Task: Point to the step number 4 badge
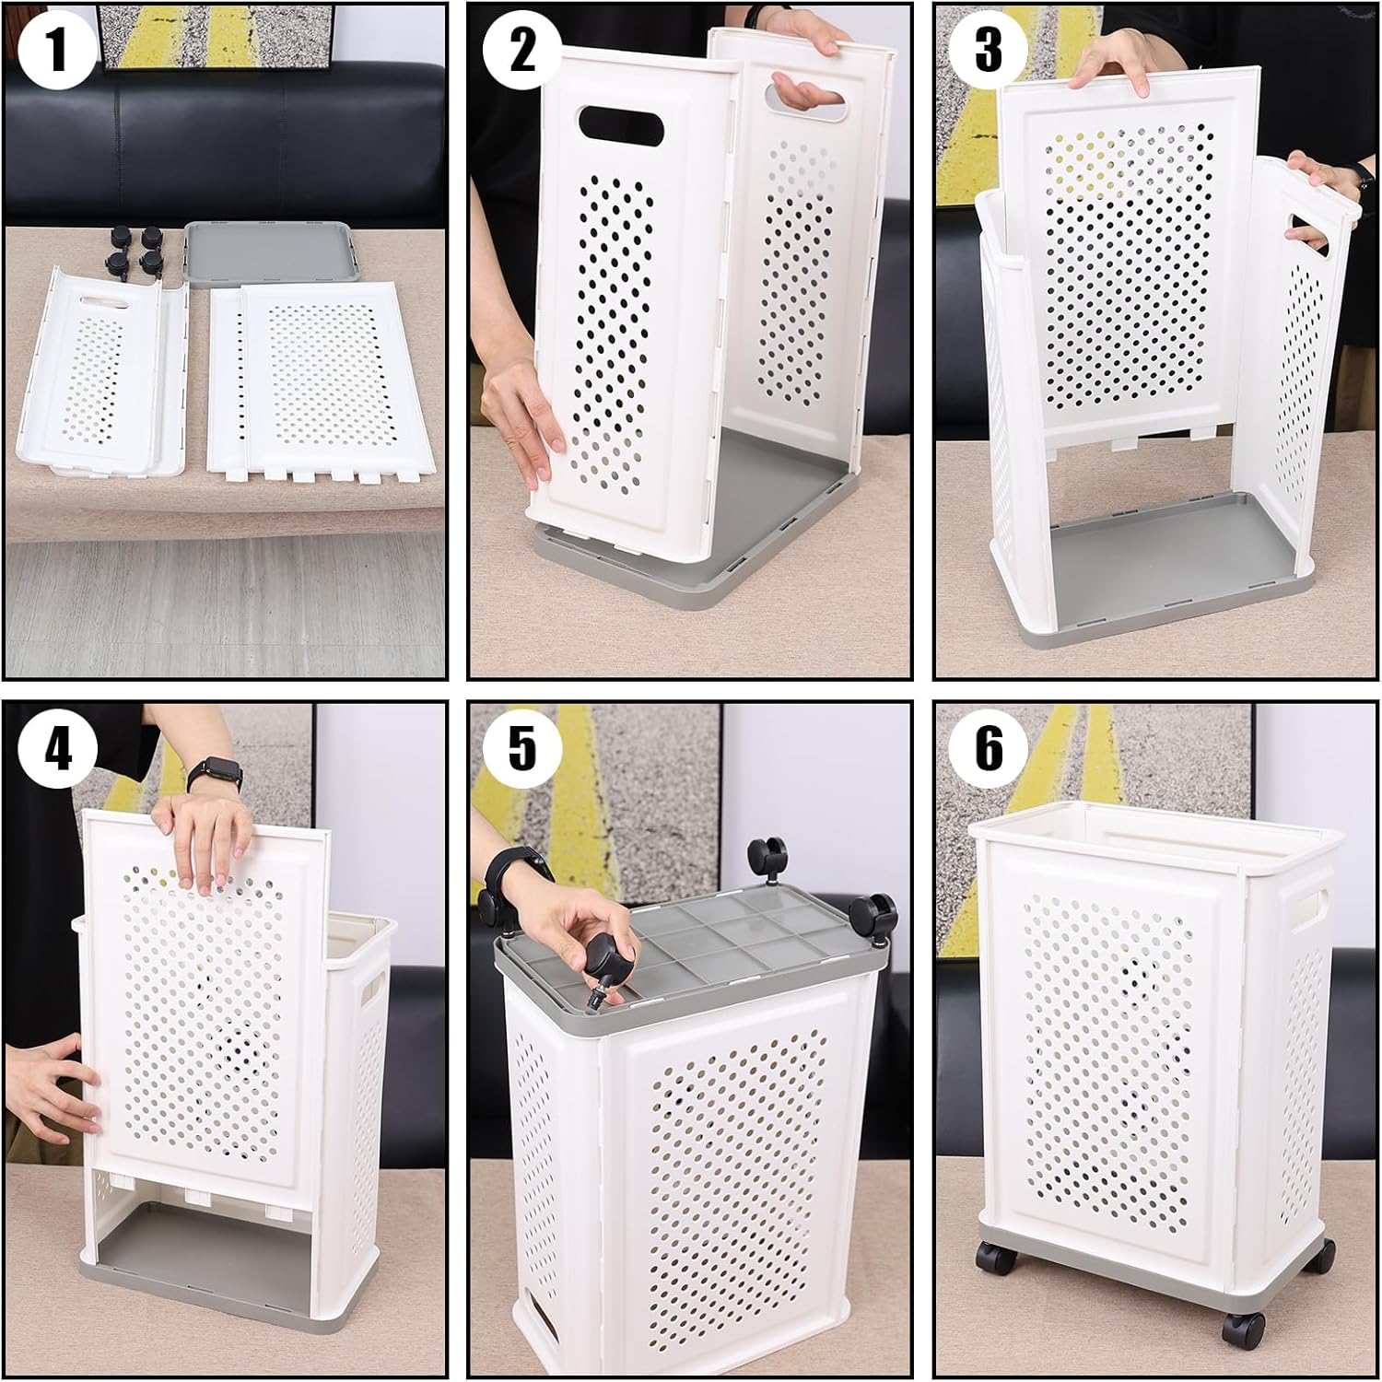pyautogui.click(x=57, y=747)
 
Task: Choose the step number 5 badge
pyautogui.click(x=522, y=747)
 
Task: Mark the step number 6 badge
pyautogui.click(x=988, y=747)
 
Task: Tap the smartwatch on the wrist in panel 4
pyautogui.click(x=215, y=774)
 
